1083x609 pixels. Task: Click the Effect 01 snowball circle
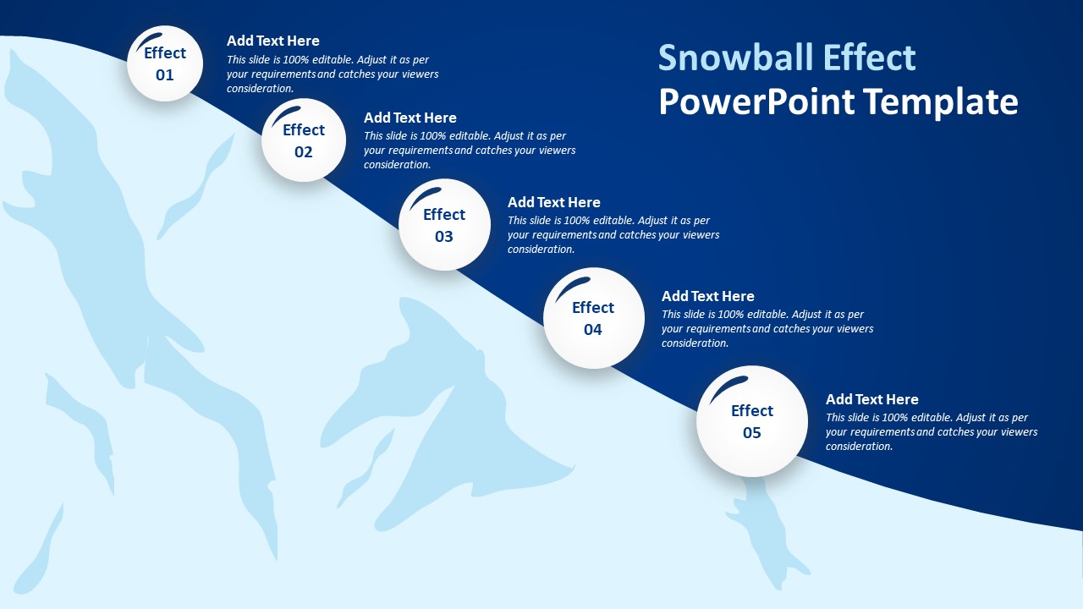tap(165, 64)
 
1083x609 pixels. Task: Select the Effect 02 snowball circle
tap(304, 140)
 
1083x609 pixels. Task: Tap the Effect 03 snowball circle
tap(444, 225)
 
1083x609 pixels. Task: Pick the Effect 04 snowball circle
tap(593, 318)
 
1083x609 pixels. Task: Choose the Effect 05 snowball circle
tap(752, 421)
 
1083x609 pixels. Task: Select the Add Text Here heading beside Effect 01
tap(273, 41)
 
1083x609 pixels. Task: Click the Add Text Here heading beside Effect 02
tap(410, 118)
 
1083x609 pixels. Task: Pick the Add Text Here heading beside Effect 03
tap(554, 202)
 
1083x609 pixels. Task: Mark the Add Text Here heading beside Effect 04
tap(708, 296)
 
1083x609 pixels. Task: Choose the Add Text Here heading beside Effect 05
tap(872, 399)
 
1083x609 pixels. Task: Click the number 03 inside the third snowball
tap(444, 237)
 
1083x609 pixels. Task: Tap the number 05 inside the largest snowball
tap(752, 433)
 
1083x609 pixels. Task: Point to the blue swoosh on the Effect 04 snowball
tap(572, 287)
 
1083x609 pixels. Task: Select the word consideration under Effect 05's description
tap(860, 447)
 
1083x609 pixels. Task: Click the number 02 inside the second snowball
tap(304, 152)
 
